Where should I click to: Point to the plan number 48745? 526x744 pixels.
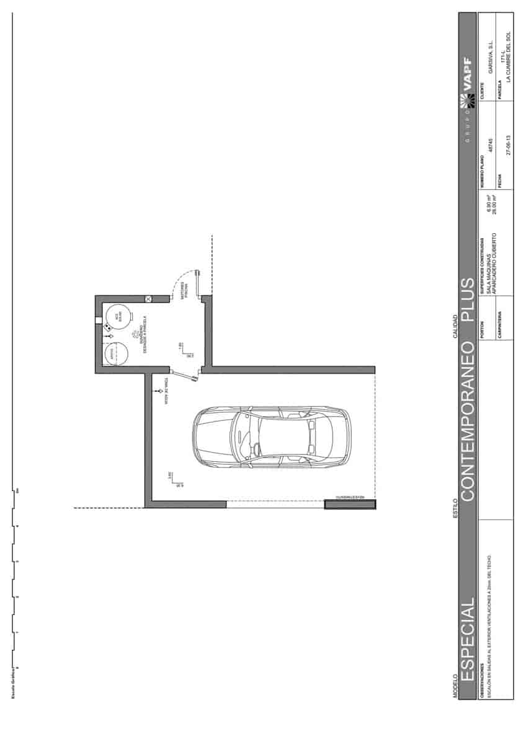pyautogui.click(x=491, y=146)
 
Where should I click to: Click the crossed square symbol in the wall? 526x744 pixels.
pyautogui.click(x=148, y=299)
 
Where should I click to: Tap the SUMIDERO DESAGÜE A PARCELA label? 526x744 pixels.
pyautogui.click(x=143, y=335)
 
